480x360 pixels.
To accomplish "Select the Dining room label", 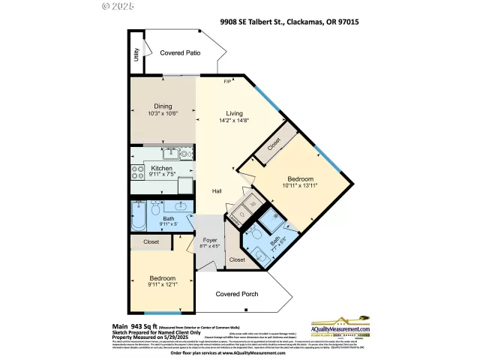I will pos(163,106).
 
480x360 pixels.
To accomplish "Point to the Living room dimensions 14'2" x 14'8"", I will pos(235,120).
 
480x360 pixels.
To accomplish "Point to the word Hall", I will pos(216,192).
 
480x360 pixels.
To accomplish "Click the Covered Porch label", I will pos(237,293).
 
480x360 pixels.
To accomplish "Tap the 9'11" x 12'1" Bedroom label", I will pos(162,278).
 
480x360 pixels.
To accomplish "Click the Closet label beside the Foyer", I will pos(237,259).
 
